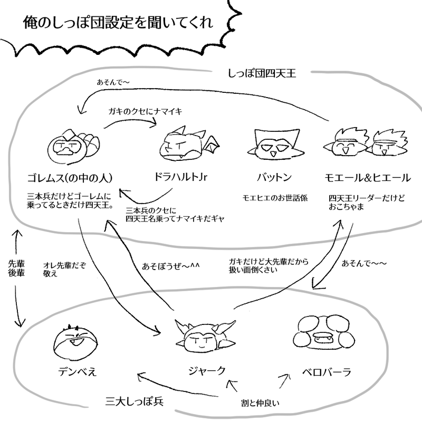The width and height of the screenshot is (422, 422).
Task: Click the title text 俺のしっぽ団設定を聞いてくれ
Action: [118, 24]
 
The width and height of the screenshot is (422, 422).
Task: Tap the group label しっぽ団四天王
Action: [262, 73]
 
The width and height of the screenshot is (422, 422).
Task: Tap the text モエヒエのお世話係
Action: [274, 198]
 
